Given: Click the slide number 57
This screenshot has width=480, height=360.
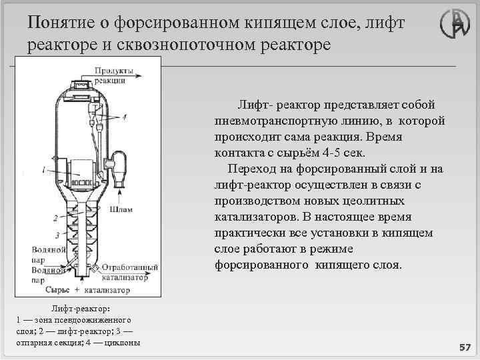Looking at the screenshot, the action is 464,348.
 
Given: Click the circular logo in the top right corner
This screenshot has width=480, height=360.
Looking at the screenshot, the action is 455,26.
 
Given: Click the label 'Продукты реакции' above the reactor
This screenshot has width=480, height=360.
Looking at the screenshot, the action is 113,75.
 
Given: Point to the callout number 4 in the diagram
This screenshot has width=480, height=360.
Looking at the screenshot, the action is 125,117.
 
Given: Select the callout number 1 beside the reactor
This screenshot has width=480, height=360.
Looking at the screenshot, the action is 43,170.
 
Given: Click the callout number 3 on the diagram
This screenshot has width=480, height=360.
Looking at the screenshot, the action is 58,235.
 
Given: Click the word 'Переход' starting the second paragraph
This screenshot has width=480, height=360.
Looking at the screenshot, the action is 253,169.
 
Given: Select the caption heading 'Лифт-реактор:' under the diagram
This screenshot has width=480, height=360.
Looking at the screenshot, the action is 81,309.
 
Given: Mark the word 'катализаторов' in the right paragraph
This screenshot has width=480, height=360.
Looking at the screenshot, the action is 255,217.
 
